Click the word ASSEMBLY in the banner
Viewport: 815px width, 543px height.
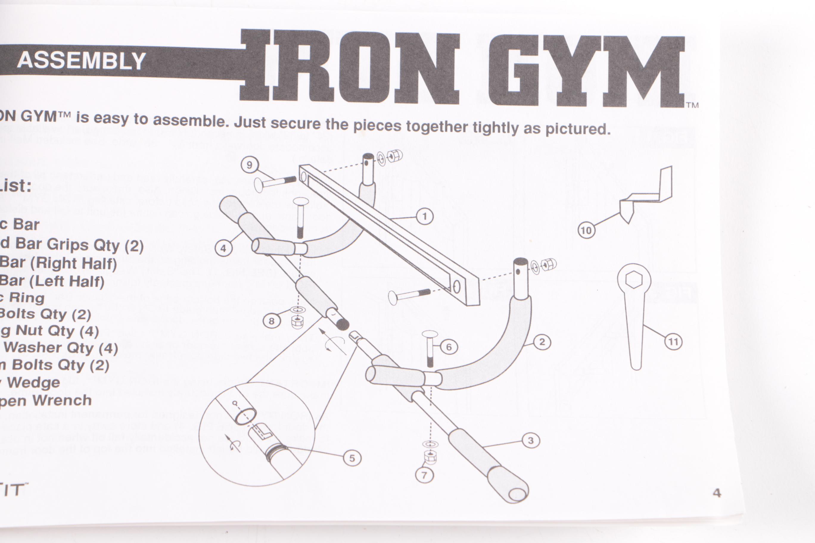(81, 61)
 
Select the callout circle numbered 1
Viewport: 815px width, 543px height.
(424, 217)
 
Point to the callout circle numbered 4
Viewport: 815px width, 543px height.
(223, 248)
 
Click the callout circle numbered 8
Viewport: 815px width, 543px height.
(271, 321)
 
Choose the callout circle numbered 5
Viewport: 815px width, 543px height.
(352, 458)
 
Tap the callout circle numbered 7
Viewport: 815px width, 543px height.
(424, 475)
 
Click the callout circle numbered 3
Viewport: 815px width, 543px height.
(531, 441)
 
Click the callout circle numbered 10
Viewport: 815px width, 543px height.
(586, 230)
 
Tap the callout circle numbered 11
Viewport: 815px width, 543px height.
(673, 342)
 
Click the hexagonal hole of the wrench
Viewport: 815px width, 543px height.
(634, 280)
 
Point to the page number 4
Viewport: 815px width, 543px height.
(717, 493)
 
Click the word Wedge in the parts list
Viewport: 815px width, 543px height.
(34, 383)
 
